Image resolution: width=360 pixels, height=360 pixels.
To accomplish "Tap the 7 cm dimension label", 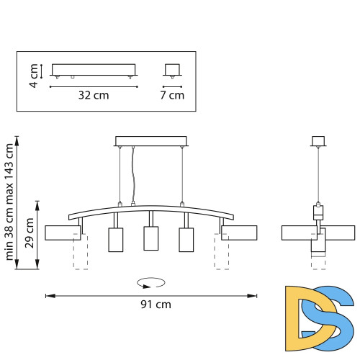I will point(171,95).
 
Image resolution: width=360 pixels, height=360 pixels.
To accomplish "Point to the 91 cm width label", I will point(156,305).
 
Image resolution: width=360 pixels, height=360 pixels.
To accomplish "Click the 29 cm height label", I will point(30,233).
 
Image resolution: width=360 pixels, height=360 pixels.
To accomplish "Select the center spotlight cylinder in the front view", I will point(150,238).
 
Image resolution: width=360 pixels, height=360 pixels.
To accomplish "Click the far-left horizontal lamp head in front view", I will point(62,233).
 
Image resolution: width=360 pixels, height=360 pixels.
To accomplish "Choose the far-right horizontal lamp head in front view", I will point(239,233).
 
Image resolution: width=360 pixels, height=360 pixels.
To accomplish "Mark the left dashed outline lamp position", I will point(81,252).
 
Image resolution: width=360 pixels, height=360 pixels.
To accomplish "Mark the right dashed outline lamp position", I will point(221,252).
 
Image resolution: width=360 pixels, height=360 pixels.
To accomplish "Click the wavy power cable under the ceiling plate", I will point(132,176).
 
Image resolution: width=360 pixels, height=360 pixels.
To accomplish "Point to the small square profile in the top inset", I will point(171,70).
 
